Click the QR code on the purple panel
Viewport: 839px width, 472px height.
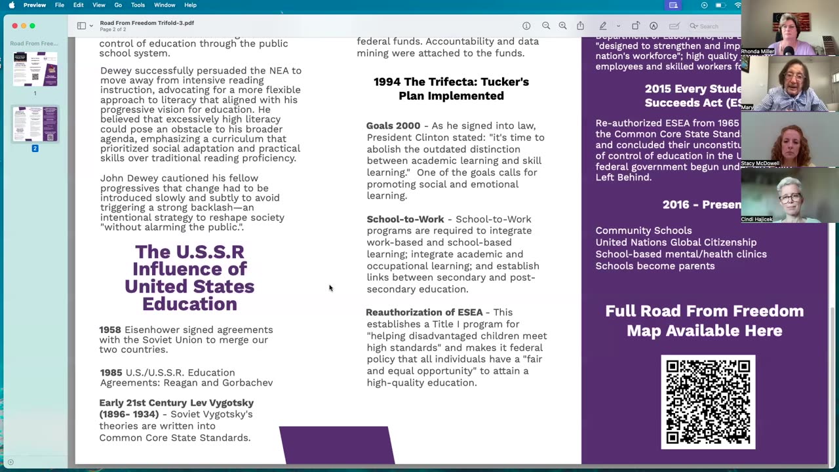pos(708,402)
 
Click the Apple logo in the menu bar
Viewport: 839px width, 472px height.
pos(12,5)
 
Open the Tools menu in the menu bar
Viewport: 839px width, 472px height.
pos(138,5)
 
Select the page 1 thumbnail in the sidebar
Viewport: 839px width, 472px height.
pos(35,69)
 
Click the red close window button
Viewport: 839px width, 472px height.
pos(14,26)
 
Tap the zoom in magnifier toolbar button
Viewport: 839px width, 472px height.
pos(562,26)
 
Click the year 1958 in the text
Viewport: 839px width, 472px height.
pos(110,330)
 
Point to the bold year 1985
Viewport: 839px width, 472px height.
pos(111,372)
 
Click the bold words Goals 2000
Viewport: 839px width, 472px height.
pos(393,126)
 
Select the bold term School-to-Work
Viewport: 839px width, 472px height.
pos(405,219)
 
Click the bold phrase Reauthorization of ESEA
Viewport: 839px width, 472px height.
pos(424,312)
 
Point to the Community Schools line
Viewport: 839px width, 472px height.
pos(643,231)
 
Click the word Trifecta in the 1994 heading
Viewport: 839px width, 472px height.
pos(454,82)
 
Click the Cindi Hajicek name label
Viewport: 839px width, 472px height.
pos(757,219)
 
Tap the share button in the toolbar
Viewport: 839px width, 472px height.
pos(580,26)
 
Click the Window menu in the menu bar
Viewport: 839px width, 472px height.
pos(165,5)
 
